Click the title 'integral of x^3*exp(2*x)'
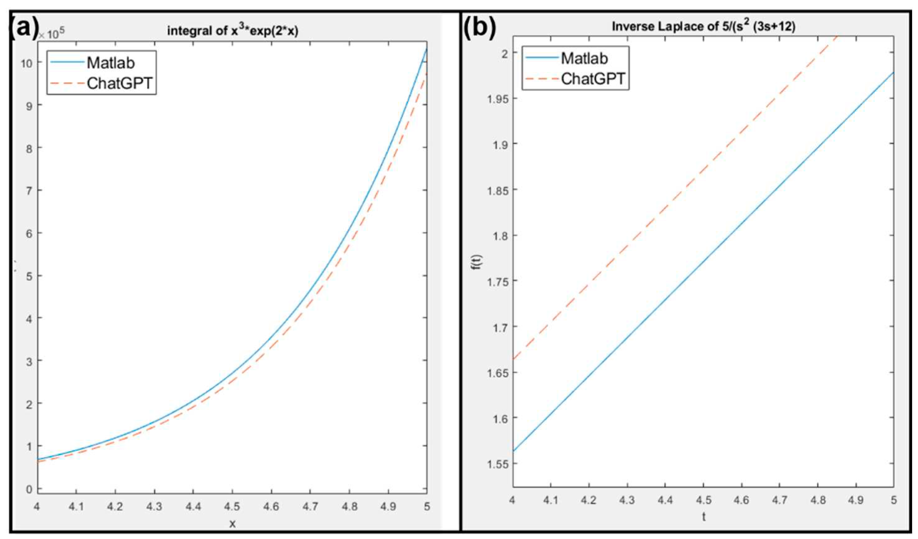[x=233, y=31]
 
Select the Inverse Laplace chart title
[x=703, y=26]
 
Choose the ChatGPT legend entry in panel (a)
[x=120, y=83]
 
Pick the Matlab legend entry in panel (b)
[x=584, y=58]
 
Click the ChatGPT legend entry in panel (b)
[x=593, y=79]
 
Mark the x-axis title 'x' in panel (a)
[x=232, y=524]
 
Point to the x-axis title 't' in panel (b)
[x=703, y=517]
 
